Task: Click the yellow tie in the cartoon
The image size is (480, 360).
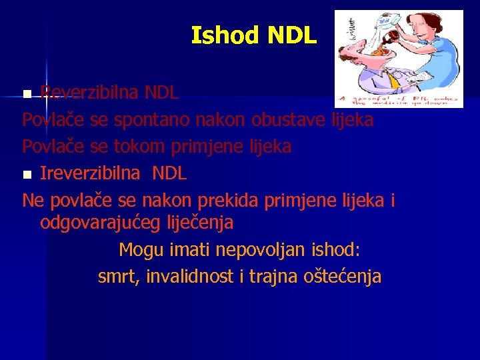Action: pos(395,80)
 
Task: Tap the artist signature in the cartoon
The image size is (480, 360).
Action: pos(352,31)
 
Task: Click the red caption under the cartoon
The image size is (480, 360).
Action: pos(398,101)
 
